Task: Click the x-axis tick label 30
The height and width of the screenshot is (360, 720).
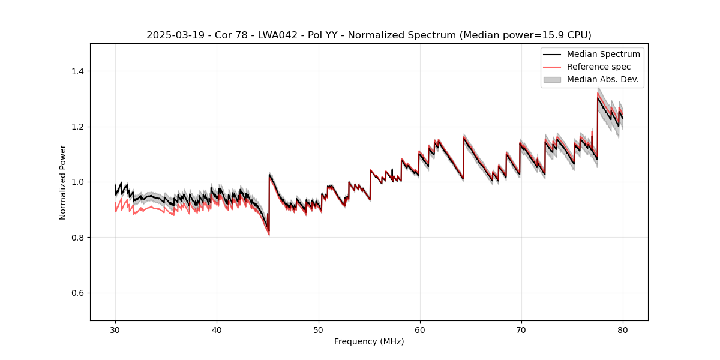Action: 115,330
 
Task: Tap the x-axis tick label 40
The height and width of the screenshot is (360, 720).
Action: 217,330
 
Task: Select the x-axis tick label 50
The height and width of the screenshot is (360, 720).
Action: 319,330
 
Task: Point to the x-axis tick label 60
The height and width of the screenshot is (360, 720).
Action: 420,330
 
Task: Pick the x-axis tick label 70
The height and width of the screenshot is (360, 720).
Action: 521,330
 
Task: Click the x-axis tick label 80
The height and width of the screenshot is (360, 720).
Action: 623,330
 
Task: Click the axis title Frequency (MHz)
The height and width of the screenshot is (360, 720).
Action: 369,341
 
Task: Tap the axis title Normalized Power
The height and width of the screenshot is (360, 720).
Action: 63,182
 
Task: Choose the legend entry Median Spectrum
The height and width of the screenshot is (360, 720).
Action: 603,54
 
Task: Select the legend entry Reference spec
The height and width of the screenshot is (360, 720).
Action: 599,67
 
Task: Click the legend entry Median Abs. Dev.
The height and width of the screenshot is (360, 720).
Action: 602,79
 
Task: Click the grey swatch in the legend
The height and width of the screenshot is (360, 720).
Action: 552,79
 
